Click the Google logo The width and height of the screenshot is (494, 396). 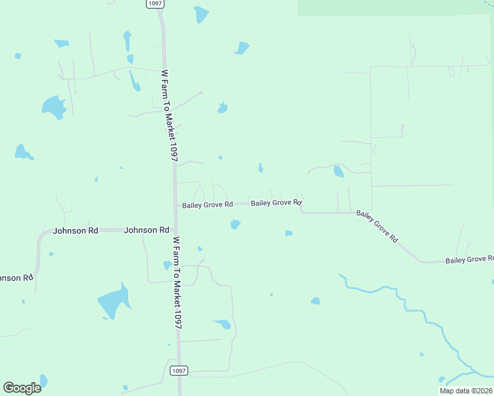(22, 388)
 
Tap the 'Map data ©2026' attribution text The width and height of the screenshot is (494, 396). (466, 391)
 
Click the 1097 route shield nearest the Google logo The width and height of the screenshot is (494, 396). (178, 371)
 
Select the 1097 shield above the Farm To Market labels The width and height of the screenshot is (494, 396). (155, 4)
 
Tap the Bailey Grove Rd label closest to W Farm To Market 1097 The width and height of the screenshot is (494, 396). (207, 205)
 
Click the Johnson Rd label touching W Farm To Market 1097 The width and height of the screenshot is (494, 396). (147, 230)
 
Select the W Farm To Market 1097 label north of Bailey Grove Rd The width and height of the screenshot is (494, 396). (170, 115)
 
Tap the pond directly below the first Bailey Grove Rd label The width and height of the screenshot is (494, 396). (234, 224)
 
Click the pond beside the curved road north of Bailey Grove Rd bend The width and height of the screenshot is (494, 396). (339, 172)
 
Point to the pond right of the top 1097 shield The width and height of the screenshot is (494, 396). (201, 14)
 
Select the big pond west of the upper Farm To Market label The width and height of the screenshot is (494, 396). (53, 106)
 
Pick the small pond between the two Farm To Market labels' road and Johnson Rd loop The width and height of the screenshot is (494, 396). (167, 265)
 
